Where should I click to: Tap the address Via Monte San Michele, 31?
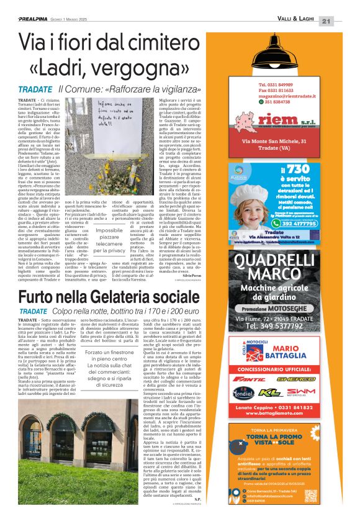pyautogui.click(x=274, y=142)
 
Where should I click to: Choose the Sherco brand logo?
pyautogui.click(x=295, y=378)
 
